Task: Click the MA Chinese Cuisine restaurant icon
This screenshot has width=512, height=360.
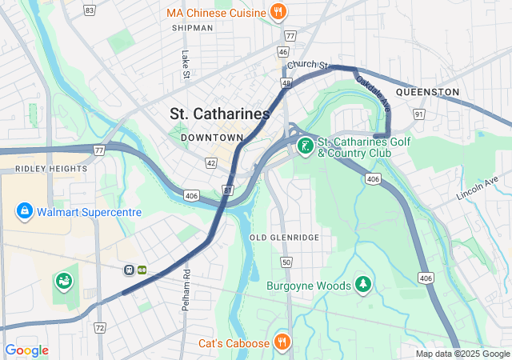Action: pyautogui.click(x=278, y=12)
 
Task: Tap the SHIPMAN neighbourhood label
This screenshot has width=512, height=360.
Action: pyautogui.click(x=192, y=28)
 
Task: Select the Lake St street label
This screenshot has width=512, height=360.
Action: pyautogui.click(x=185, y=66)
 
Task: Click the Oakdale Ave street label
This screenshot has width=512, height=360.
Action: pyautogui.click(x=374, y=93)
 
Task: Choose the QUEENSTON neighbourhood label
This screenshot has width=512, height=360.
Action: pyautogui.click(x=427, y=92)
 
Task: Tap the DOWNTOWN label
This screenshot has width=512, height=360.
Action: pyautogui.click(x=211, y=138)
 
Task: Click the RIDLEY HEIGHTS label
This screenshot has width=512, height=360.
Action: pyautogui.click(x=50, y=169)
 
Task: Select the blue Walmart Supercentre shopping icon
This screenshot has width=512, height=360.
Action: pyautogui.click(x=25, y=211)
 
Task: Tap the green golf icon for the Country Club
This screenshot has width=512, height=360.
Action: pyautogui.click(x=305, y=146)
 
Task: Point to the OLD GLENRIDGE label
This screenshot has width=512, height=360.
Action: pyautogui.click(x=284, y=238)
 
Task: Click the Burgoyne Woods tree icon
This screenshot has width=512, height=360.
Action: pyautogui.click(x=364, y=285)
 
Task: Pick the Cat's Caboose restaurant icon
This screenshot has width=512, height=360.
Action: pyautogui.click(x=281, y=342)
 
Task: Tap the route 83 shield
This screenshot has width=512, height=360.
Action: pyautogui.click(x=89, y=10)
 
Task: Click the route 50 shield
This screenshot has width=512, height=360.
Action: pyautogui.click(x=286, y=262)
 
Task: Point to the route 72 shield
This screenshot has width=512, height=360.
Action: pyautogui.click(x=99, y=328)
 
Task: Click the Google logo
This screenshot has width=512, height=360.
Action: pyautogui.click(x=26, y=350)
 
